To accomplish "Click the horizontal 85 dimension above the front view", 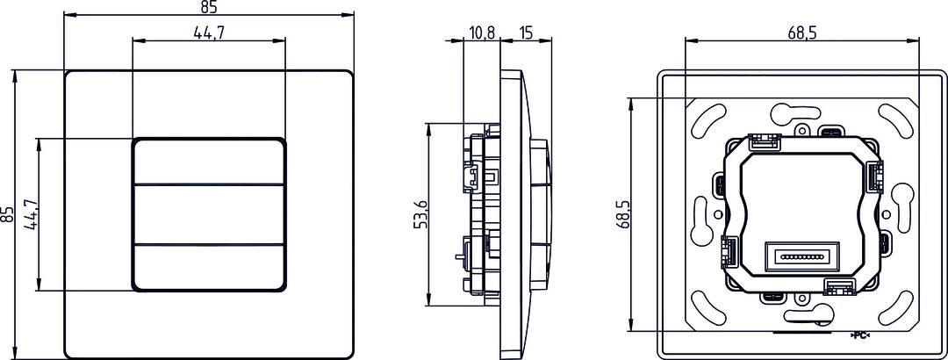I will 208,8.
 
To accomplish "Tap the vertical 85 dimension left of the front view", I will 8,214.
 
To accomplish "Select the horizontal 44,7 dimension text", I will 208,32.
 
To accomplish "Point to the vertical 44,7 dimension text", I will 32,215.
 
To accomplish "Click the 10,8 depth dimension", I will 482,32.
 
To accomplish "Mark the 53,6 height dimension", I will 420,214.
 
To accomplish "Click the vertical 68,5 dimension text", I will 622,215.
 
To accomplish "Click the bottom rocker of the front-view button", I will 208,266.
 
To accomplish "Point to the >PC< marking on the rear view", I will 861,336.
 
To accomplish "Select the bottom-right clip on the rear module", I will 837,285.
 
